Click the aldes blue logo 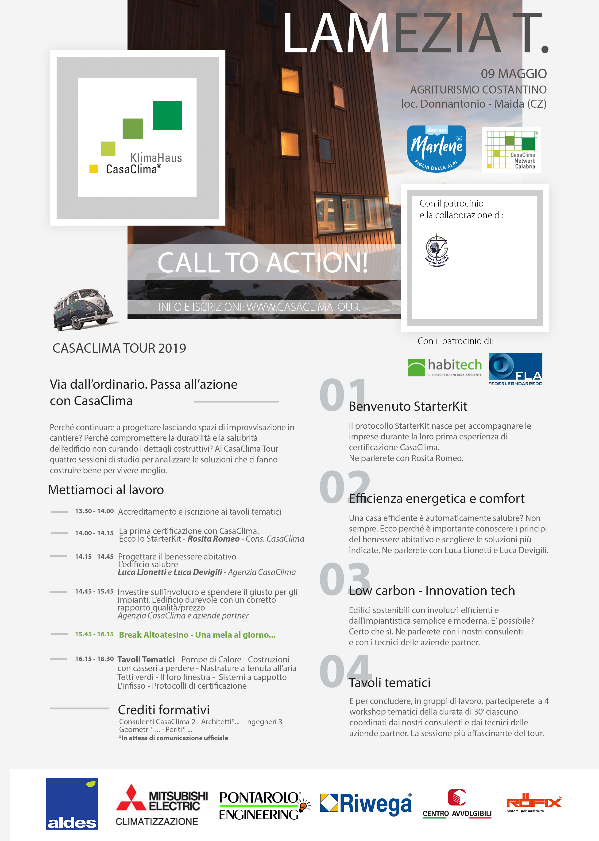pyautogui.click(x=72, y=803)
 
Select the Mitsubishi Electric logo pyautogui.click(x=162, y=805)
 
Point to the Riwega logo pyautogui.click(x=366, y=803)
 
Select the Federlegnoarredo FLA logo pyautogui.click(x=515, y=369)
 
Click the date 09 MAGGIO pyautogui.click(x=514, y=74)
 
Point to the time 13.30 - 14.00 pyautogui.click(x=94, y=511)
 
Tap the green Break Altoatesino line pyautogui.click(x=197, y=635)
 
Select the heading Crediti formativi pyautogui.click(x=163, y=710)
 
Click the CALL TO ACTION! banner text pyautogui.click(x=263, y=263)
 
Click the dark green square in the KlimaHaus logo pyautogui.click(x=167, y=116)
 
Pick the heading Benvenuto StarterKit pyautogui.click(x=408, y=406)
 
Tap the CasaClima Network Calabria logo pyautogui.click(x=511, y=150)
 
